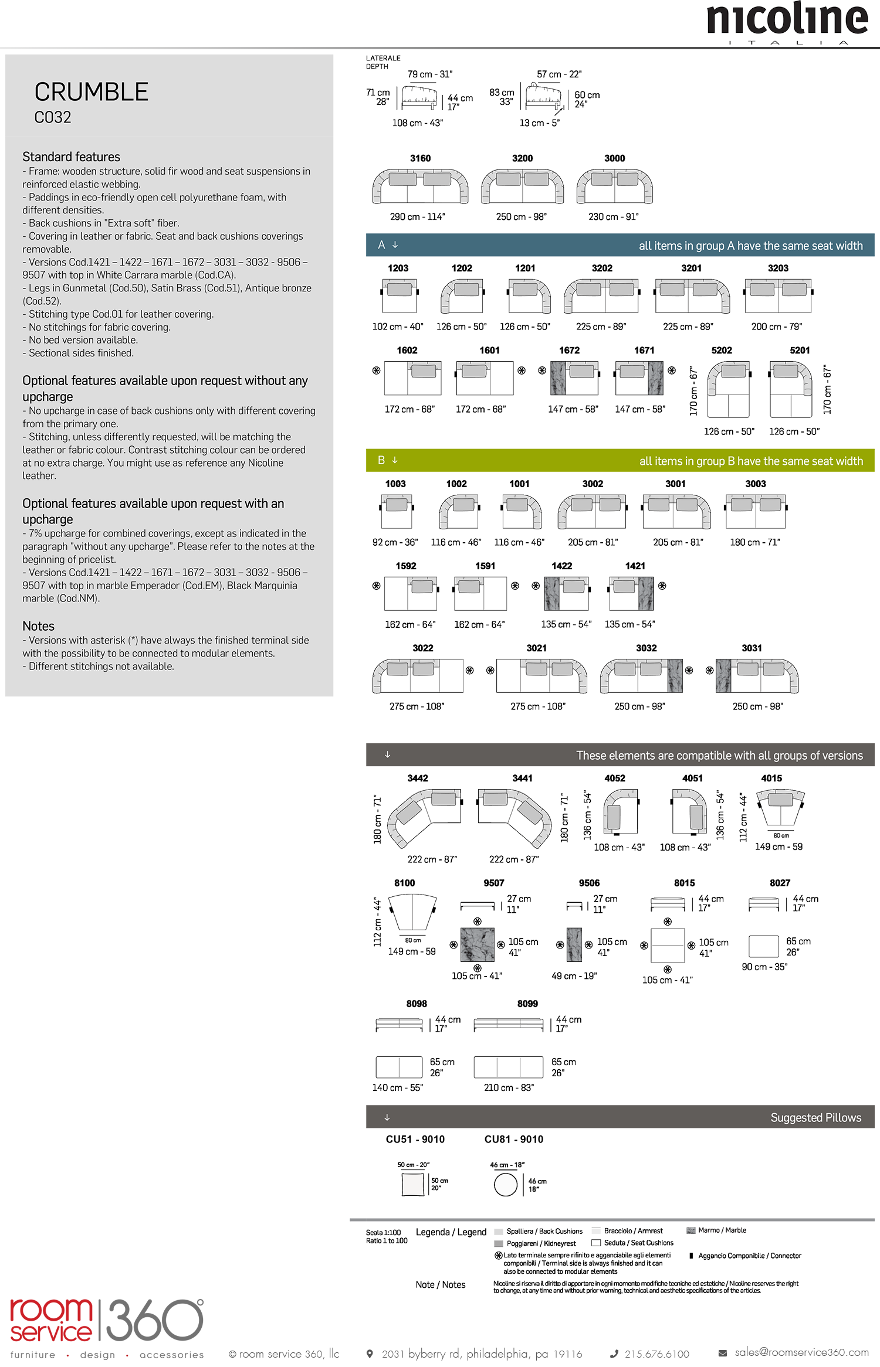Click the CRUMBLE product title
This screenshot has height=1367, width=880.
(91, 92)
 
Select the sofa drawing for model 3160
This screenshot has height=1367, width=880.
(420, 186)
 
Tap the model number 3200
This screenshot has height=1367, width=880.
(522, 158)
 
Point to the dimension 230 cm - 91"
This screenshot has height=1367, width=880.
(613, 217)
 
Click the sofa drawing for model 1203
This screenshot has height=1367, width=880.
(400, 295)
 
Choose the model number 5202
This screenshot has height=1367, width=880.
(721, 351)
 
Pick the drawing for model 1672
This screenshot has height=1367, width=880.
(574, 378)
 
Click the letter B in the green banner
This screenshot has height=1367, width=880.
(381, 460)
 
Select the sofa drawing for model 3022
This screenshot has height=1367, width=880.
(418, 675)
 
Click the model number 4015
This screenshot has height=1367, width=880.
(771, 778)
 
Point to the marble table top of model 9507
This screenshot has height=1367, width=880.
(477, 944)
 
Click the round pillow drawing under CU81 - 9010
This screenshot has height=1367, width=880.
(505, 1184)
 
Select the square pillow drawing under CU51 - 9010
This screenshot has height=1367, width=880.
(412, 1184)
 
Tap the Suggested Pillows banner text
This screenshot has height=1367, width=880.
(815, 1117)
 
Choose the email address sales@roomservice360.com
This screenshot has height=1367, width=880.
(801, 1352)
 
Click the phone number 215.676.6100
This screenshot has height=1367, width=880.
(656, 1354)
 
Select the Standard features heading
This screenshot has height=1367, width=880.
(71, 157)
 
